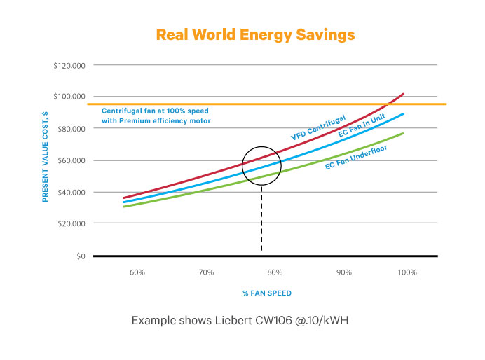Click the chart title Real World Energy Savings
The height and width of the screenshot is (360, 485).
[255, 34]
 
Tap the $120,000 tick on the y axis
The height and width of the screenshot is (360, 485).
[69, 66]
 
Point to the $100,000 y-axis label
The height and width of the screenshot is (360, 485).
[69, 97]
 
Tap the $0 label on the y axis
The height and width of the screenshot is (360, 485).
[79, 256]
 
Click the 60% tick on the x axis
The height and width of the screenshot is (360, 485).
[137, 272]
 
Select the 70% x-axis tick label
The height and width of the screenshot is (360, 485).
[206, 272]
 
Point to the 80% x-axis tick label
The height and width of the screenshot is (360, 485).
[275, 272]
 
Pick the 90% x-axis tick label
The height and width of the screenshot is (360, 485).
[343, 272]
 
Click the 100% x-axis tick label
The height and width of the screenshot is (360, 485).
[407, 272]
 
